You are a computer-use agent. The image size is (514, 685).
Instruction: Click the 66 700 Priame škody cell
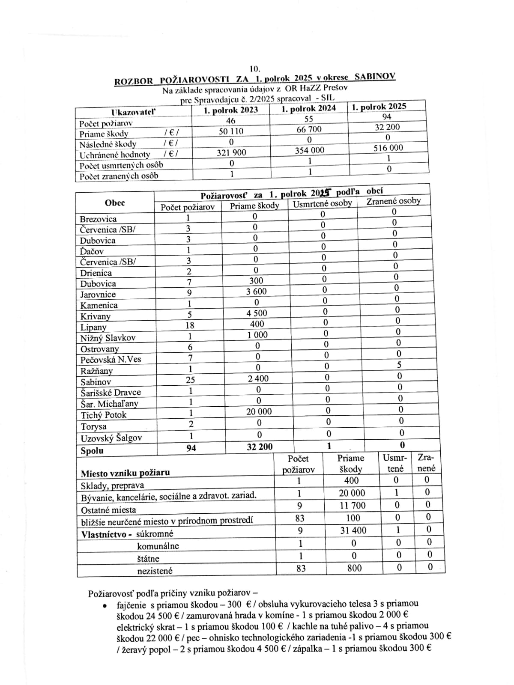pos(309,129)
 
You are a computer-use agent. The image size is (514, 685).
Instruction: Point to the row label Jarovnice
pos(98,295)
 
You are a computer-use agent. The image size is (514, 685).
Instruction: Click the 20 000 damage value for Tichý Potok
pos(259,411)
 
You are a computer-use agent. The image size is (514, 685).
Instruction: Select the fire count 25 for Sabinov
pos(190,379)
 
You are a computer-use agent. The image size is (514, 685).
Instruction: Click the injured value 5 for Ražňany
pos(399,365)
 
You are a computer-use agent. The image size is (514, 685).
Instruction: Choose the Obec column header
pos(115,203)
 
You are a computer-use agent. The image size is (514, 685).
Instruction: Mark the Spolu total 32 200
pos(260,447)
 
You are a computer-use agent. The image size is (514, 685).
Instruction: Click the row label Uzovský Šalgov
pos(111,438)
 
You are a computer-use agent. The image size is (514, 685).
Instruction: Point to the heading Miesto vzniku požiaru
pos(125,473)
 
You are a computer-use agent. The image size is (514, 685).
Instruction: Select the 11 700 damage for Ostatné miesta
pos(352,506)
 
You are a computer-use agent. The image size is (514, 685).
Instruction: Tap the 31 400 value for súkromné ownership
pos(353,530)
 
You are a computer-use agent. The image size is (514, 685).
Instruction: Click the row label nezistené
pos(155,571)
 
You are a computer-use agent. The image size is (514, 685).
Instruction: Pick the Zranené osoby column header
pos(393,201)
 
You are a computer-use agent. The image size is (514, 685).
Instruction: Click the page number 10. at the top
pos(255,68)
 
